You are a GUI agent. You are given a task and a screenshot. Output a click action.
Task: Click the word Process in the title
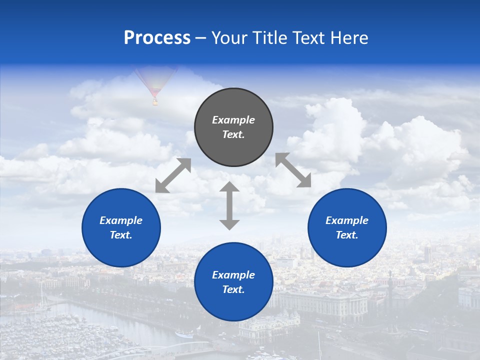point(157,38)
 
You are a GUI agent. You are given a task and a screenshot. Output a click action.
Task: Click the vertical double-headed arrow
point(229,205)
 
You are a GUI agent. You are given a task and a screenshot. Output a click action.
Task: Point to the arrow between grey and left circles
point(173,175)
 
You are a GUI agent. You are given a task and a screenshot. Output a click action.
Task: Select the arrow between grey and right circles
point(293,170)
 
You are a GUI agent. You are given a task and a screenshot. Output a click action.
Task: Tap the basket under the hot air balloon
point(155,103)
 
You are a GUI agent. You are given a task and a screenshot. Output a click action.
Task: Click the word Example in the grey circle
point(233,120)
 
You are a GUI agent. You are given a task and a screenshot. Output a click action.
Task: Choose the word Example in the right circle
point(347,220)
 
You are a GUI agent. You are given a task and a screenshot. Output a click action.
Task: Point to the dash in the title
point(200,38)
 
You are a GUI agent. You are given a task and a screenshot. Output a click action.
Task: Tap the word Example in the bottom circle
point(233,275)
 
